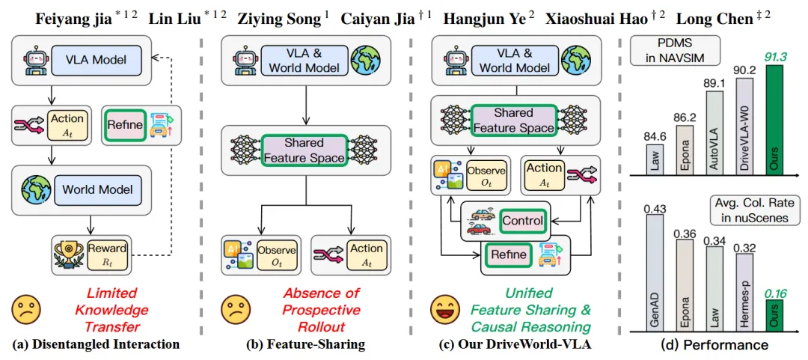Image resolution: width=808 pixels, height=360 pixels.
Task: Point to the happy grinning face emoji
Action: point(446,310)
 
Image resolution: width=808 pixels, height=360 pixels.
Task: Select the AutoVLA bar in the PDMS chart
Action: point(714,133)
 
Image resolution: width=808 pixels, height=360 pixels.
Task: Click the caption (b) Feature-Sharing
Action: point(306,344)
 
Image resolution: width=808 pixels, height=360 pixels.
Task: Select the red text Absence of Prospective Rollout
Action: point(310,310)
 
